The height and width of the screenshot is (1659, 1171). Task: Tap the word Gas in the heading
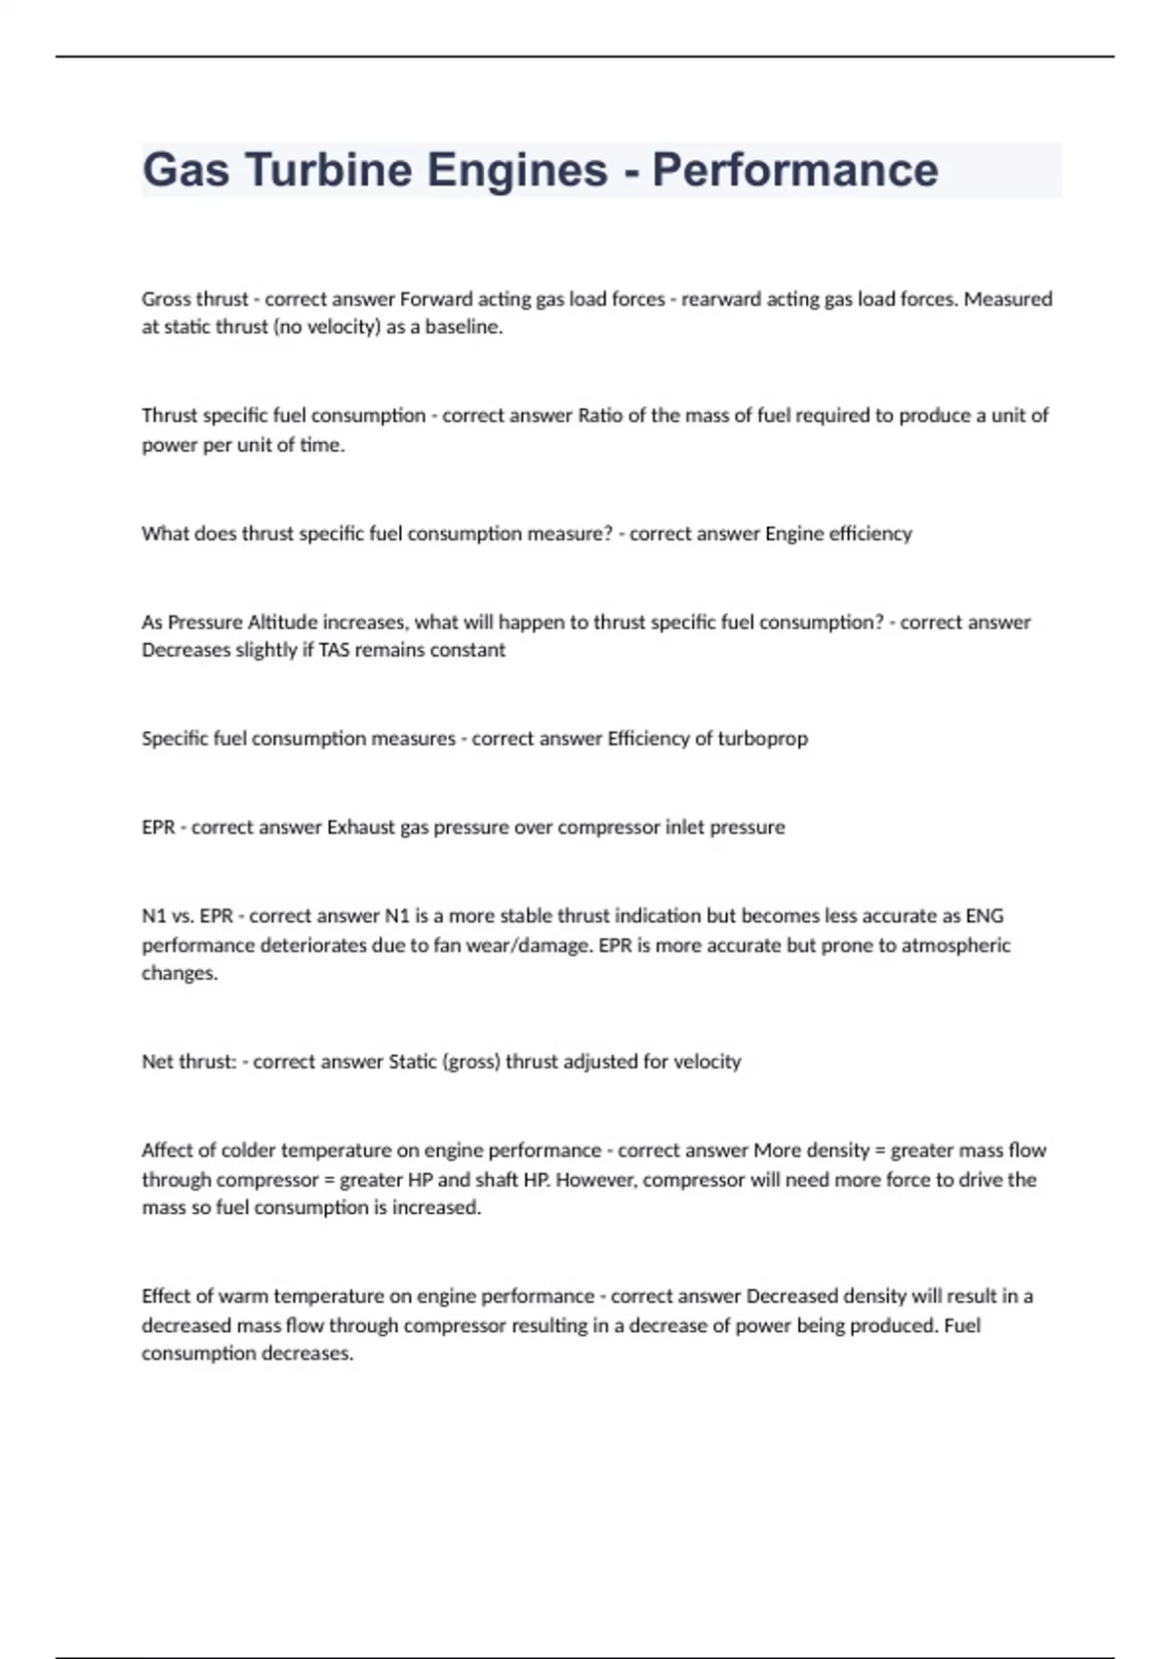tap(186, 170)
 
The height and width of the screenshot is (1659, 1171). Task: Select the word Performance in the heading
tap(794, 170)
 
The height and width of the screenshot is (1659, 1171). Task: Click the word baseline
tap(464, 327)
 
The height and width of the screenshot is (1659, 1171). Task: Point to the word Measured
tap(1008, 299)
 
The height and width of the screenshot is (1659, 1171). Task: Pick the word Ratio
tap(600, 415)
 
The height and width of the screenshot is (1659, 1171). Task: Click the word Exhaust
tap(360, 827)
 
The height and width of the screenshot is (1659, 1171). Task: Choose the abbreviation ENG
tap(984, 915)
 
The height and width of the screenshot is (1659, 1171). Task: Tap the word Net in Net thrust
tap(157, 1061)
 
